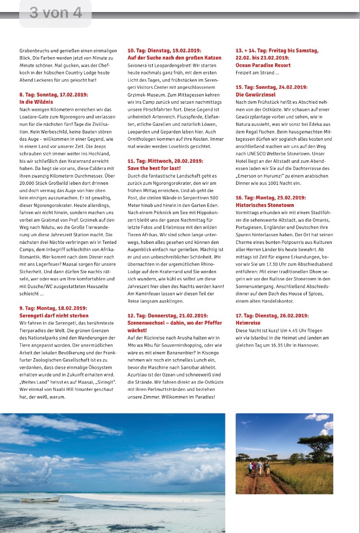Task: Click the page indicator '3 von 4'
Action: pyautogui.click(x=55, y=12)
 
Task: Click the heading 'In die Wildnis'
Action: pyautogui.click(x=36, y=102)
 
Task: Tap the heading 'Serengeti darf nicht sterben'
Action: pyautogui.click(x=54, y=315)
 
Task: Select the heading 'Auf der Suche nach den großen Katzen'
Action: pyautogui.click(x=174, y=58)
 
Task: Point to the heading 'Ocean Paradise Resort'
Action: pyautogui.click(x=263, y=65)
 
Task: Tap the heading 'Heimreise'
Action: pyautogui.click(x=247, y=323)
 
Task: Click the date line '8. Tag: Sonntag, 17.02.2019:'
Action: pyautogui.click(x=54, y=95)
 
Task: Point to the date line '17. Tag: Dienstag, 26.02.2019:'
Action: pyautogui.click(x=272, y=315)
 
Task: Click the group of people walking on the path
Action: pyautogui.click(x=259, y=469)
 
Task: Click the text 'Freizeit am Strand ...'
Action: pyautogui.click(x=257, y=73)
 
